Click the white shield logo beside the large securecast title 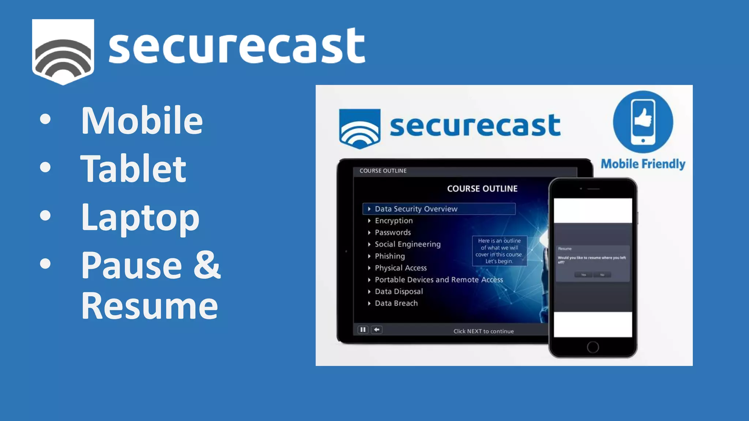click(x=63, y=51)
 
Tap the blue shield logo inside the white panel click(x=360, y=128)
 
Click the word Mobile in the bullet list click(x=142, y=120)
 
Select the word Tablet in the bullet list click(x=133, y=168)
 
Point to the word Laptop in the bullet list click(x=140, y=218)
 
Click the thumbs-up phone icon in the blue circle click(x=643, y=122)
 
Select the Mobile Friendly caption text click(x=643, y=164)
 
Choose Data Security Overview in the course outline click(x=416, y=209)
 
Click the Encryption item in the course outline click(x=394, y=221)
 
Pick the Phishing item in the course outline click(x=389, y=256)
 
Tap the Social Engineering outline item click(x=407, y=244)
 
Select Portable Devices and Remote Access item click(x=439, y=280)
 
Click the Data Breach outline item click(x=396, y=303)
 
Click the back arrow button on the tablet click(x=377, y=330)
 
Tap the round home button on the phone click(x=593, y=347)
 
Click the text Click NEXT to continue click(x=483, y=331)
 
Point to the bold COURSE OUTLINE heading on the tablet click(x=482, y=189)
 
